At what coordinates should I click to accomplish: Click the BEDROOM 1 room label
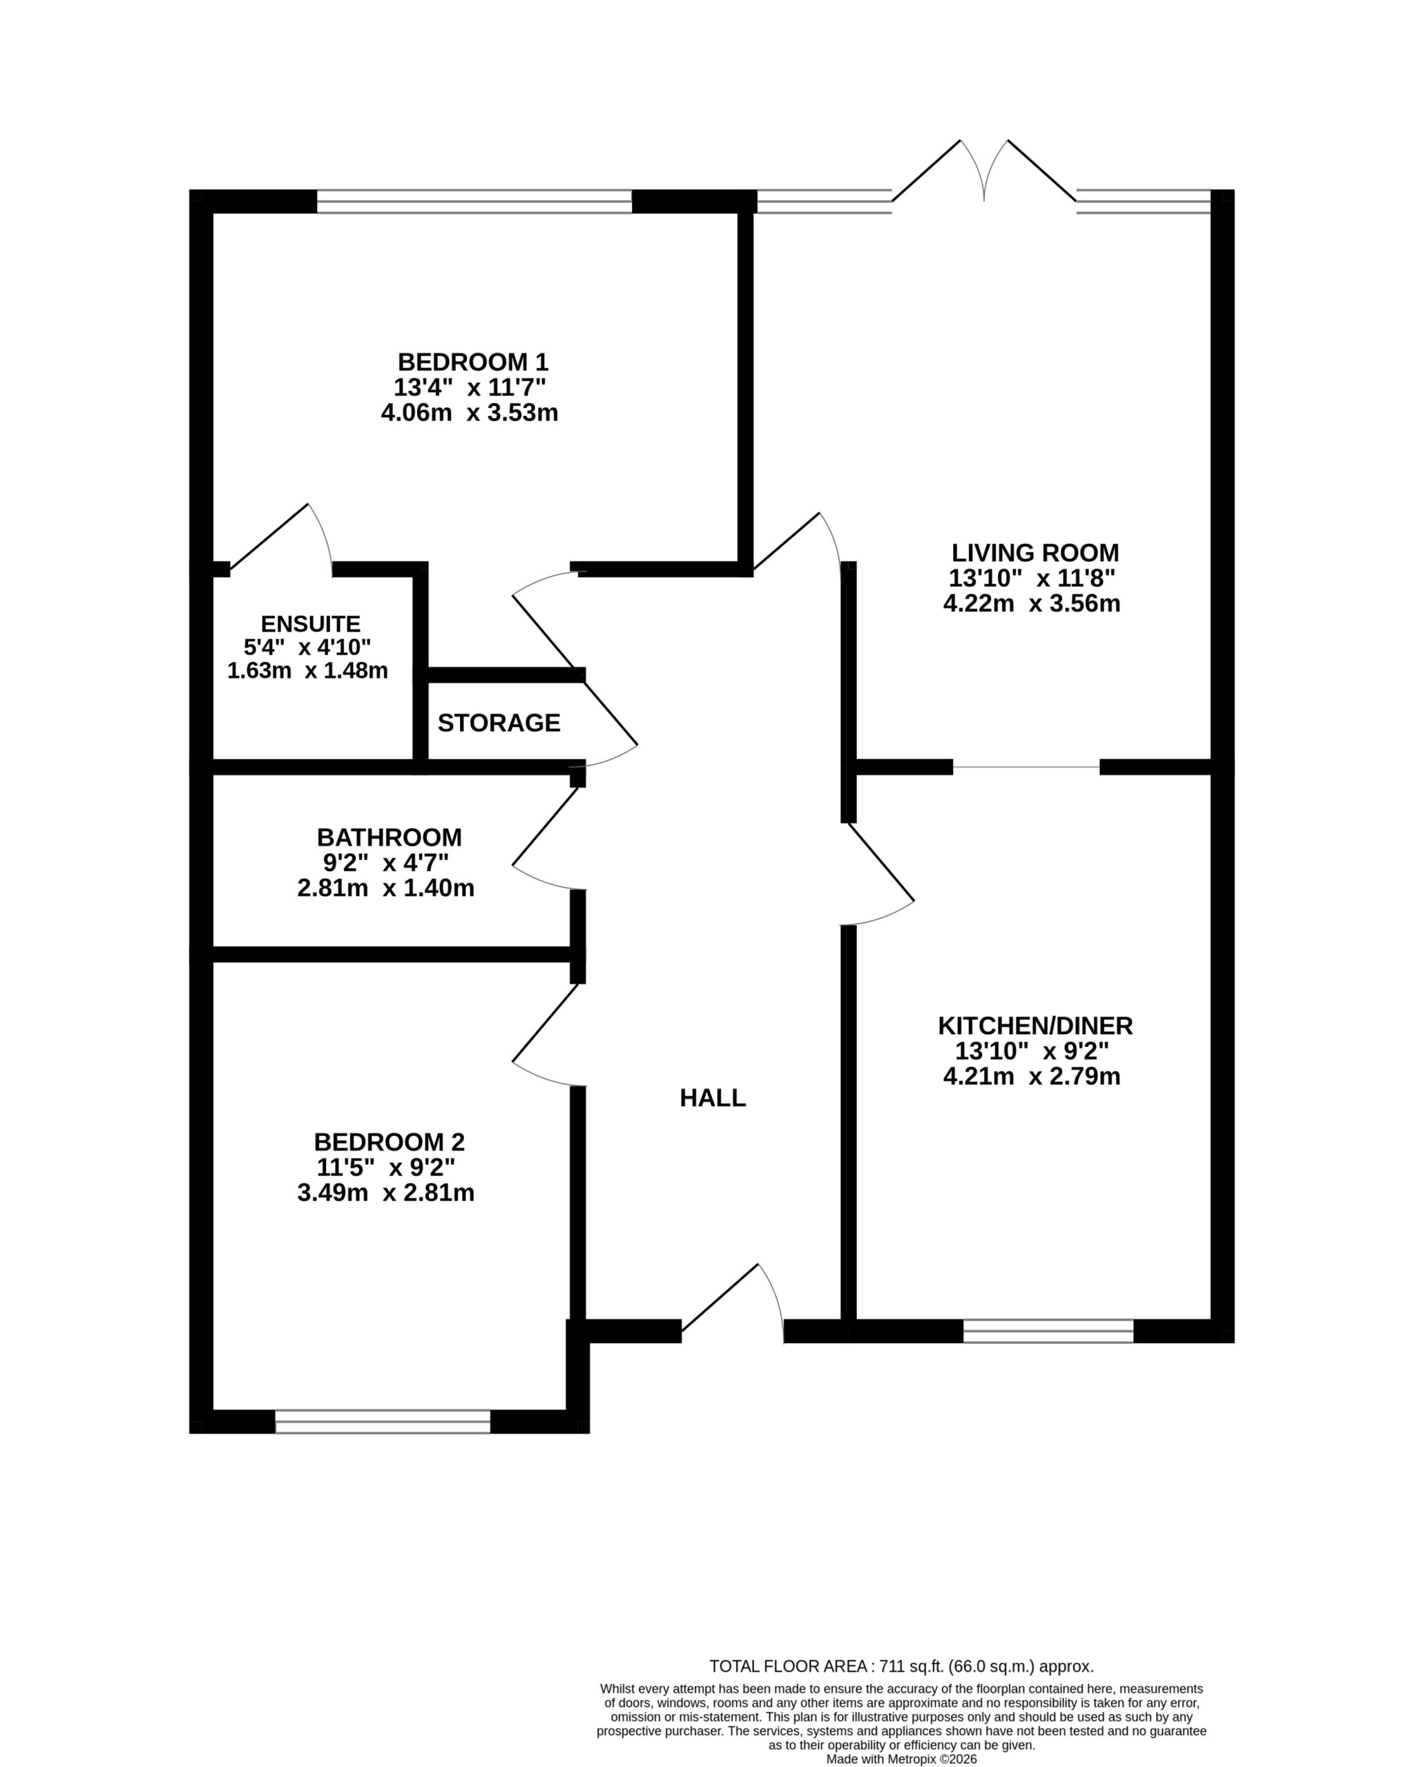pyautogui.click(x=472, y=362)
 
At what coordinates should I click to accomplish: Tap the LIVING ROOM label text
pyautogui.click(x=1035, y=553)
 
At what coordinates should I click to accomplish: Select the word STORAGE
pyautogui.click(x=499, y=723)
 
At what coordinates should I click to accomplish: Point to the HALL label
pyautogui.click(x=713, y=1098)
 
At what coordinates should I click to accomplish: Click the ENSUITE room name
pyautogui.click(x=311, y=624)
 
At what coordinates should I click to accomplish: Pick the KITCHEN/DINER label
pyautogui.click(x=1035, y=1025)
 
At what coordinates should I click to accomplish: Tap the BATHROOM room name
pyautogui.click(x=389, y=837)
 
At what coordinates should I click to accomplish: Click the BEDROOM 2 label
pyautogui.click(x=389, y=1142)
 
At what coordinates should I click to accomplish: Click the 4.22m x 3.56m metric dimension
pyautogui.click(x=1032, y=603)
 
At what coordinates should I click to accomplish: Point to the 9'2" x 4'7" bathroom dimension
pyautogui.click(x=385, y=863)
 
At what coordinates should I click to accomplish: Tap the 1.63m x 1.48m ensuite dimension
pyautogui.click(x=307, y=671)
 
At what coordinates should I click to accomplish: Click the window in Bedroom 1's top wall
pyautogui.click(x=474, y=202)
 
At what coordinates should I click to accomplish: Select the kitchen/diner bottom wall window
pyautogui.click(x=1048, y=1331)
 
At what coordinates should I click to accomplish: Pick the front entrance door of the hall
pyautogui.click(x=733, y=1304)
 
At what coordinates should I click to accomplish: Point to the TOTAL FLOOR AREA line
pyautogui.click(x=901, y=1666)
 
